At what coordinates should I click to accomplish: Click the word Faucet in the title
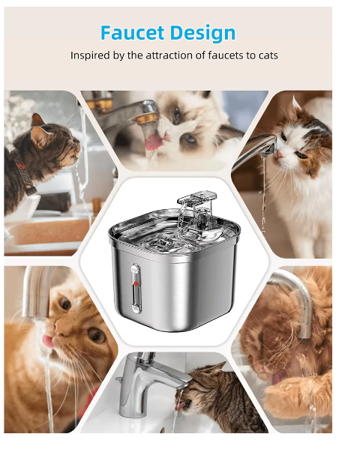coord(132,33)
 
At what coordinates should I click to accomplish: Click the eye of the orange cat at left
coord(65,305)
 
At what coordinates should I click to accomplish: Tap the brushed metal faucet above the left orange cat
coord(34,292)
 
